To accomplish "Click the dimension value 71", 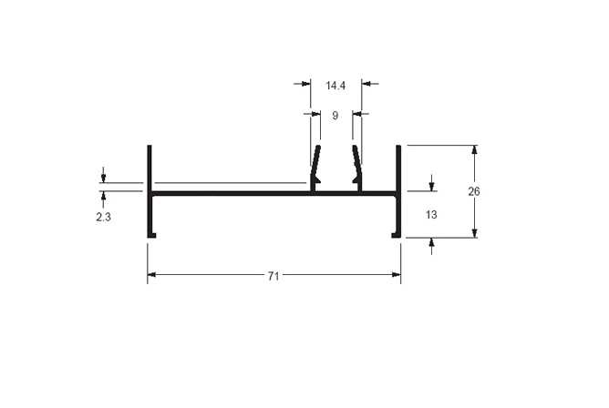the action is click(274, 276).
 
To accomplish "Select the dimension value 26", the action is click(474, 191).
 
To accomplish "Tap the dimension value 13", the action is click(431, 214).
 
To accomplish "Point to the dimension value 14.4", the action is click(335, 86).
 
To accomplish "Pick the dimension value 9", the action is click(335, 115).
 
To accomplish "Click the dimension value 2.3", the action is click(103, 217).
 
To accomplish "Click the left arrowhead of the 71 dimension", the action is click(151, 275).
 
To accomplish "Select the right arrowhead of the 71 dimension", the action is click(397, 275).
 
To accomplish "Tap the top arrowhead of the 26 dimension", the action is click(474, 149).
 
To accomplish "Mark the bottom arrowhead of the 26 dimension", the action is click(474, 233).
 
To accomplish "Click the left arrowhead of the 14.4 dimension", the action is click(306, 84).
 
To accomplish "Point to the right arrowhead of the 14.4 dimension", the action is click(366, 84).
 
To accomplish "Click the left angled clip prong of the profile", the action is click(315, 161).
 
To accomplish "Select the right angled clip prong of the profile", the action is click(357, 161).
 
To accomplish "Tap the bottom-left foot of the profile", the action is click(152, 235).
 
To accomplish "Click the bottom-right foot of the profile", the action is click(397, 235).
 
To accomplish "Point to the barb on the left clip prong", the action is click(318, 178).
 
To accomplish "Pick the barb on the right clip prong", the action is click(355, 178).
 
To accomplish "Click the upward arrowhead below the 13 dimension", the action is click(431, 243).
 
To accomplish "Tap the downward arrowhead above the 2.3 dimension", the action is click(103, 178).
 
